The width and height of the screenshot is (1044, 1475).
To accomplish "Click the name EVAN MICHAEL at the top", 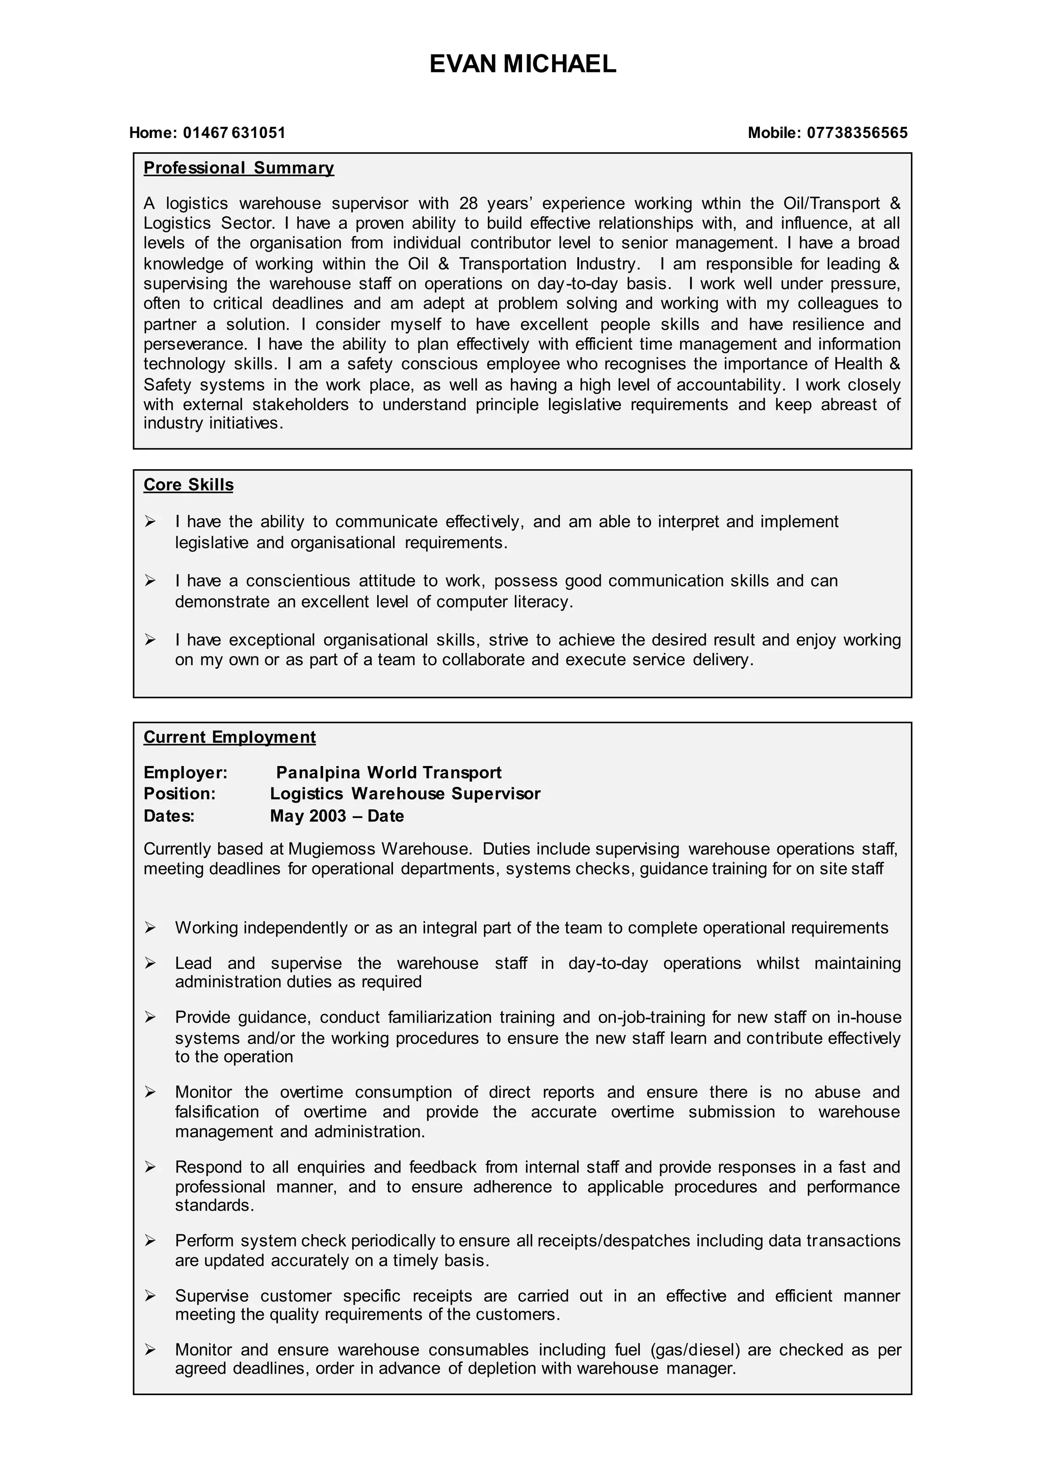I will [x=522, y=64].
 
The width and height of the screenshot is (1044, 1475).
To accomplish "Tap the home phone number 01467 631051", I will [x=234, y=133].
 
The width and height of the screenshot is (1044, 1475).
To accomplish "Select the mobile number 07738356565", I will [x=857, y=133].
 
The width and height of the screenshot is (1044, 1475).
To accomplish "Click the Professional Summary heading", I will [x=239, y=168].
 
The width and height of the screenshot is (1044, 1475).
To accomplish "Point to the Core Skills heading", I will [x=188, y=485].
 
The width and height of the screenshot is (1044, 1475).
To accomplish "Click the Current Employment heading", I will [x=229, y=737].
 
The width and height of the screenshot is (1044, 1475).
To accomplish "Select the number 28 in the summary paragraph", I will [x=468, y=204].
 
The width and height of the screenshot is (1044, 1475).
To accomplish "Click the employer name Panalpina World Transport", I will [x=388, y=773].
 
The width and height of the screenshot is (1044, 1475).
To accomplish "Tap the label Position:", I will [x=179, y=794].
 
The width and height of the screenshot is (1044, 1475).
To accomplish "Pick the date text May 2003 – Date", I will [x=337, y=816].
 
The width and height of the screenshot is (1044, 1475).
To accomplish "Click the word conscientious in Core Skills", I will [x=298, y=581].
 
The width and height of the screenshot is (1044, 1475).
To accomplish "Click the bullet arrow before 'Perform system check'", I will [x=150, y=1241].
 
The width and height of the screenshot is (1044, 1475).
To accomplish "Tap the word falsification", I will [x=217, y=1112].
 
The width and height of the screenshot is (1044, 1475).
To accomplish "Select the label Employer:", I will [x=185, y=773].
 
